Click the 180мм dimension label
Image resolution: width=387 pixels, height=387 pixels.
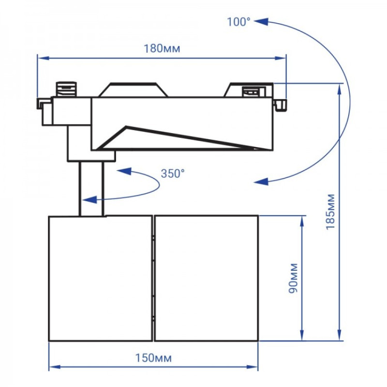(x=160, y=49)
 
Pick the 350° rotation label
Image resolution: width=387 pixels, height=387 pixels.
(x=173, y=173)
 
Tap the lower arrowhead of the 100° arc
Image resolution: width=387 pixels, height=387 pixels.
(x=261, y=181)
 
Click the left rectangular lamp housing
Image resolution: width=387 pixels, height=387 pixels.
(x=101, y=278)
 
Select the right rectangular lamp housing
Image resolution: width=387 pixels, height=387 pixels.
(x=206, y=278)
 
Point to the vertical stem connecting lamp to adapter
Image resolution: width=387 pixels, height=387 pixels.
(x=91, y=189)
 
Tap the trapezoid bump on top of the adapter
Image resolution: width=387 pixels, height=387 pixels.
(x=134, y=90)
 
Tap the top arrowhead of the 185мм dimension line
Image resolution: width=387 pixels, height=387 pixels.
(x=341, y=87)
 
